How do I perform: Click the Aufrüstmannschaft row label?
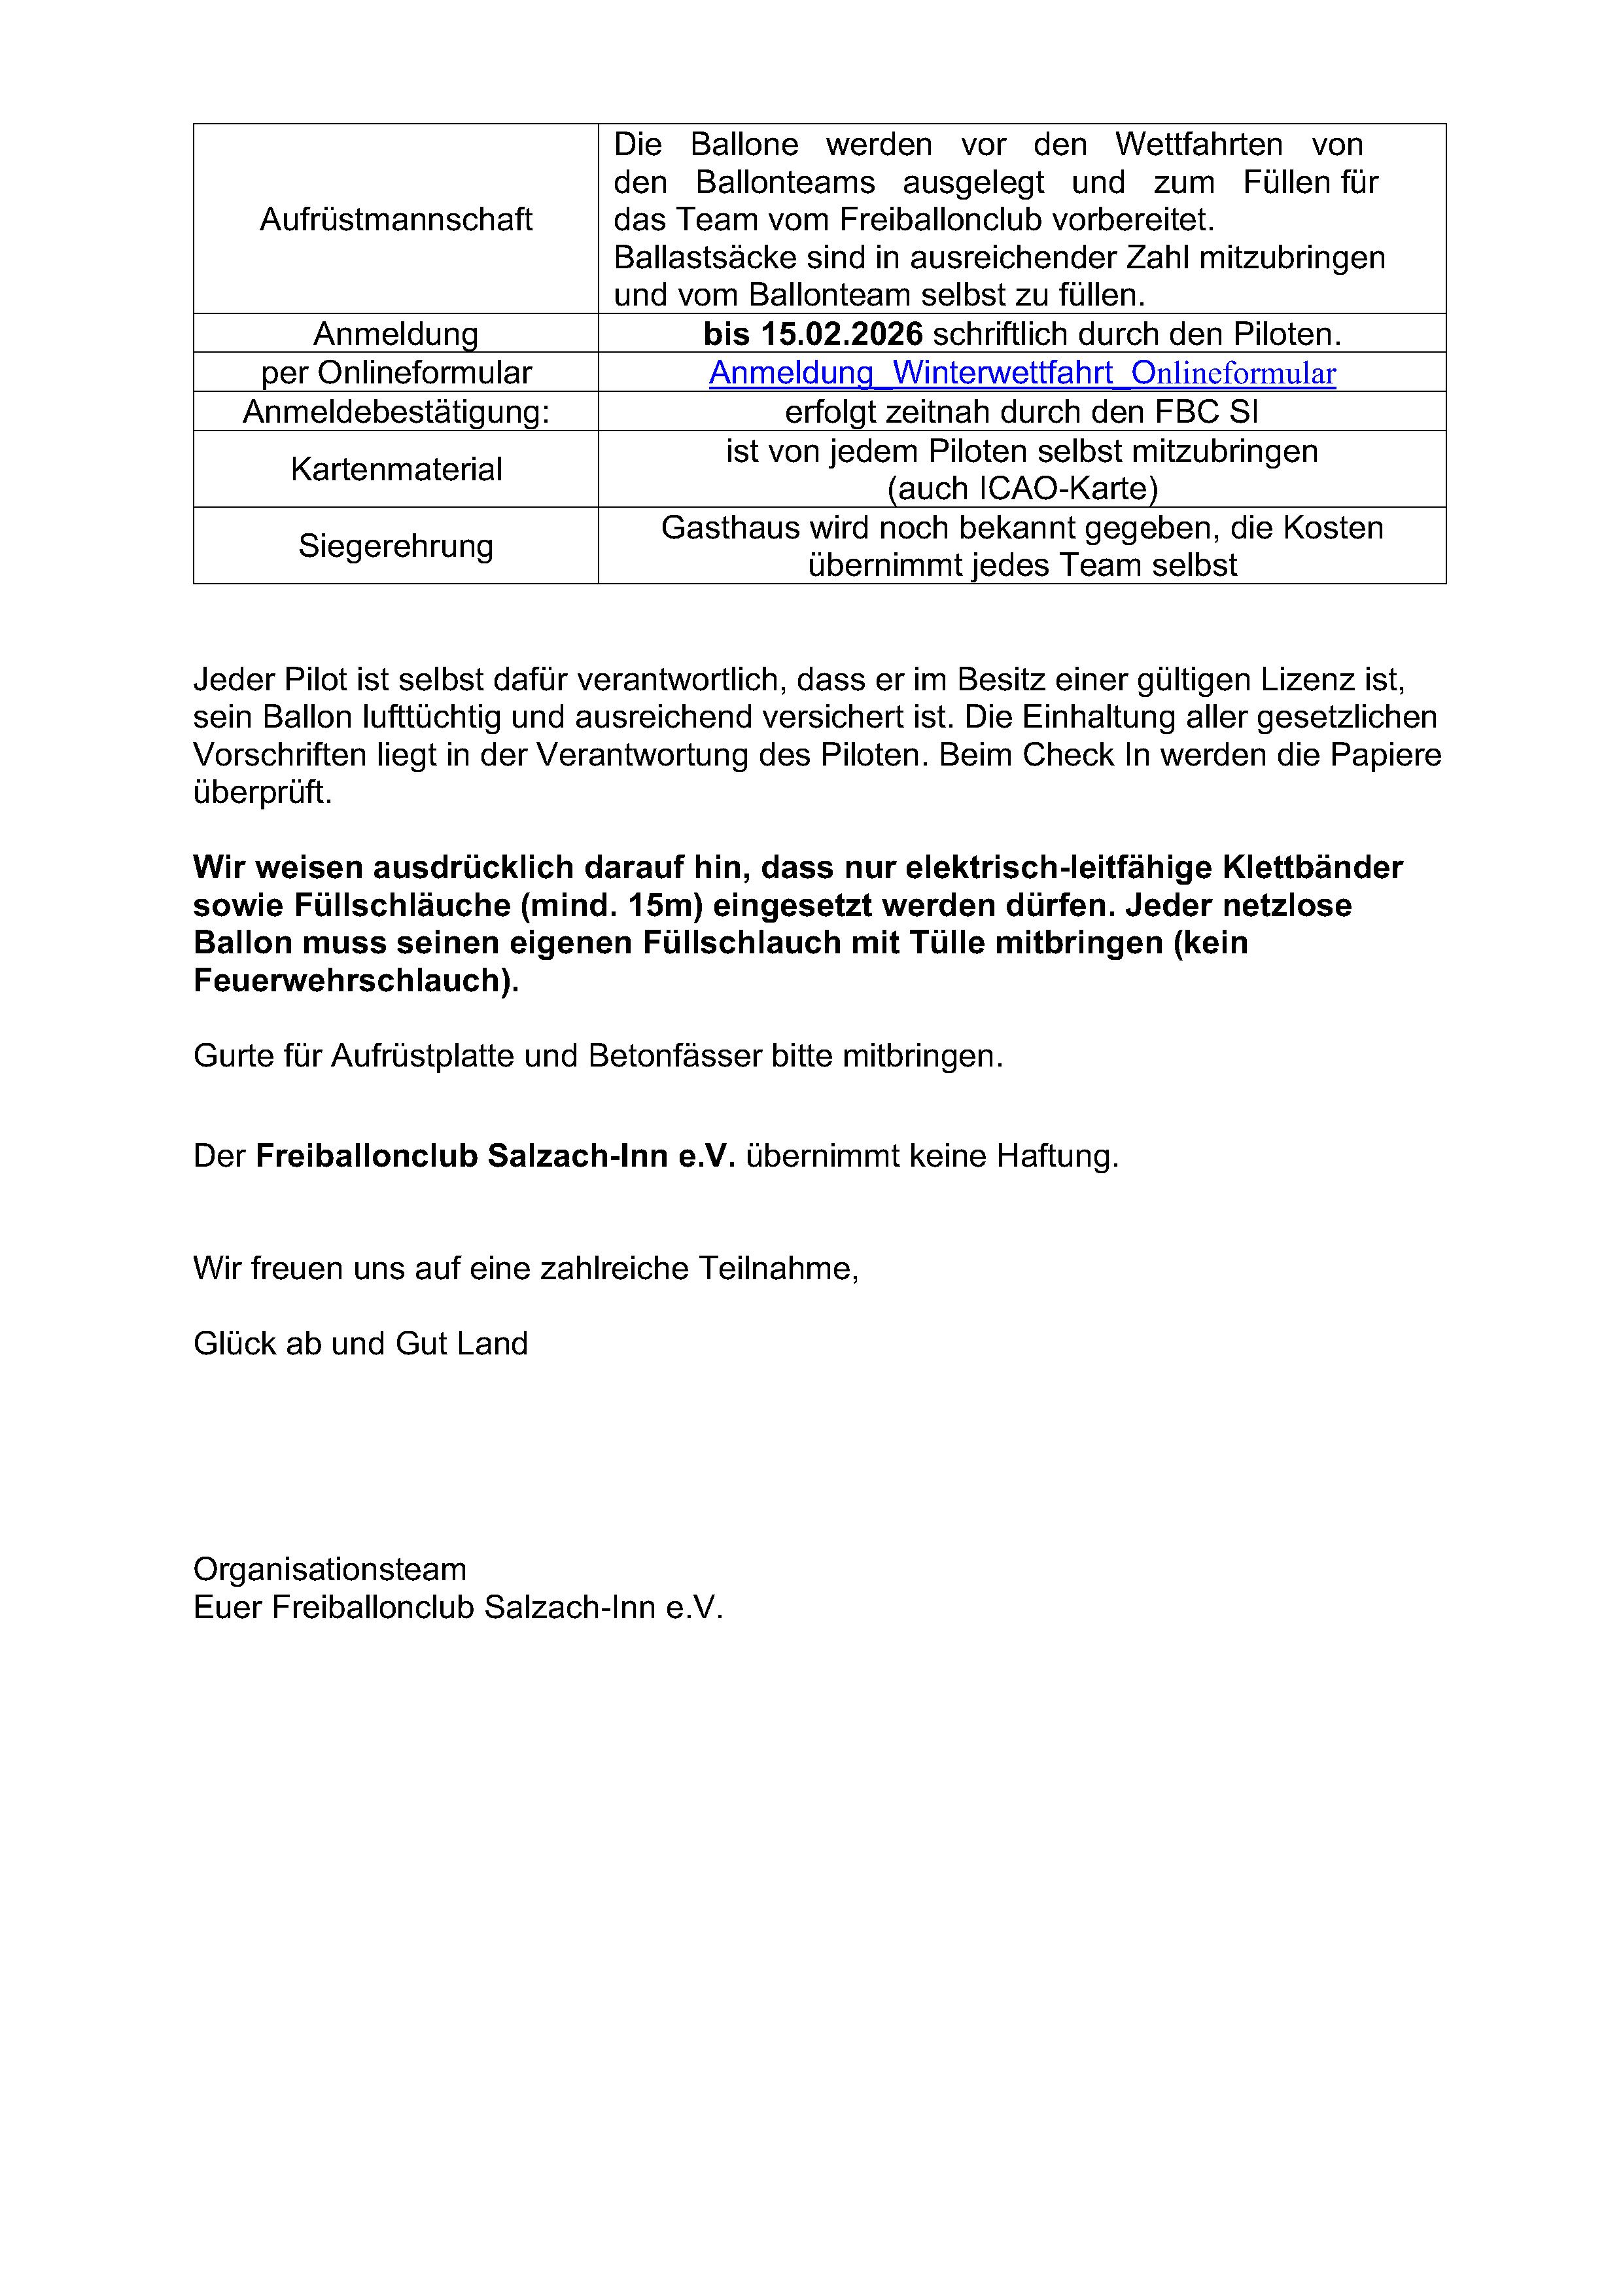396,219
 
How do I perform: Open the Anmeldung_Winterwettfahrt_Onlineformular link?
1022,373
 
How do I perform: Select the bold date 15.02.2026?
841,334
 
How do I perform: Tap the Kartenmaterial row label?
396,469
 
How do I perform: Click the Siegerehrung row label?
396,546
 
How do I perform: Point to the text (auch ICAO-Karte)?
1022,489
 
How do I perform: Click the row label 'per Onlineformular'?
396,373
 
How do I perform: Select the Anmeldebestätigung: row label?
396,412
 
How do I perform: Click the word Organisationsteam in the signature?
330,1569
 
